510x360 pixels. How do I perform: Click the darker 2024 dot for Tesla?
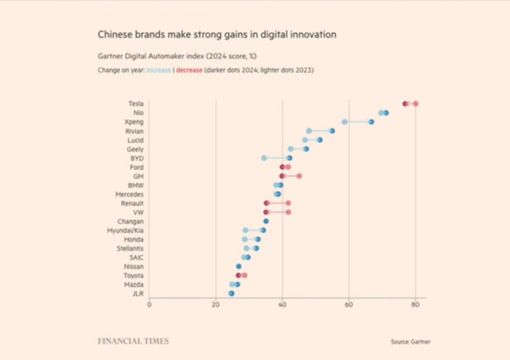405,103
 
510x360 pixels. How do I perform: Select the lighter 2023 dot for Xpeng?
345,121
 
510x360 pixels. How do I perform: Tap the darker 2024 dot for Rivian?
332,131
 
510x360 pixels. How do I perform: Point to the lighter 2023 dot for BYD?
264,157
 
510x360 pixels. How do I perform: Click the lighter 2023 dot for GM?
299,176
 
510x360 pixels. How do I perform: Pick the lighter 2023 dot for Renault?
288,203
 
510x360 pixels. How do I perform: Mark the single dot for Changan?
266,221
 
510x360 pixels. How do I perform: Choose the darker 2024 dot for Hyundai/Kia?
263,230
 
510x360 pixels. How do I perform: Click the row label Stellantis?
130,248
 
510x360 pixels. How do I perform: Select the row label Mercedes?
129,194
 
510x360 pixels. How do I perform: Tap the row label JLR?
138,293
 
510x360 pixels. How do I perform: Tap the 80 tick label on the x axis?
416,305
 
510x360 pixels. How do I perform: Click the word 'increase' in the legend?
159,70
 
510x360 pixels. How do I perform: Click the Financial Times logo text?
133,341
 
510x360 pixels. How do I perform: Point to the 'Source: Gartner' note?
411,342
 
